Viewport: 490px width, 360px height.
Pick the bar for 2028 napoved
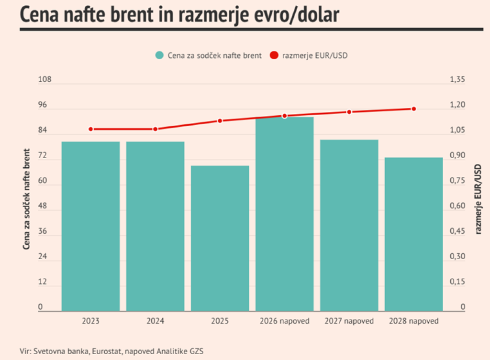tap(413, 234)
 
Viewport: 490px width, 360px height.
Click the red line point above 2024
tap(155, 129)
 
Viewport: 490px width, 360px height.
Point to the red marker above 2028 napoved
tap(413, 109)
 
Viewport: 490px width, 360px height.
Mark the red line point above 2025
tap(220, 120)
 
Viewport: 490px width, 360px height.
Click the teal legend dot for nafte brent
tap(160, 55)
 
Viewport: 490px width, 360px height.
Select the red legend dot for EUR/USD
tap(274, 55)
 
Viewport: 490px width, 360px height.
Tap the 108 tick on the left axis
tap(45, 79)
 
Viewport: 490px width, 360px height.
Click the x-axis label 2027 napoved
tap(349, 321)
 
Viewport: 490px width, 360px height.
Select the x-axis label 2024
tap(155, 321)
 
